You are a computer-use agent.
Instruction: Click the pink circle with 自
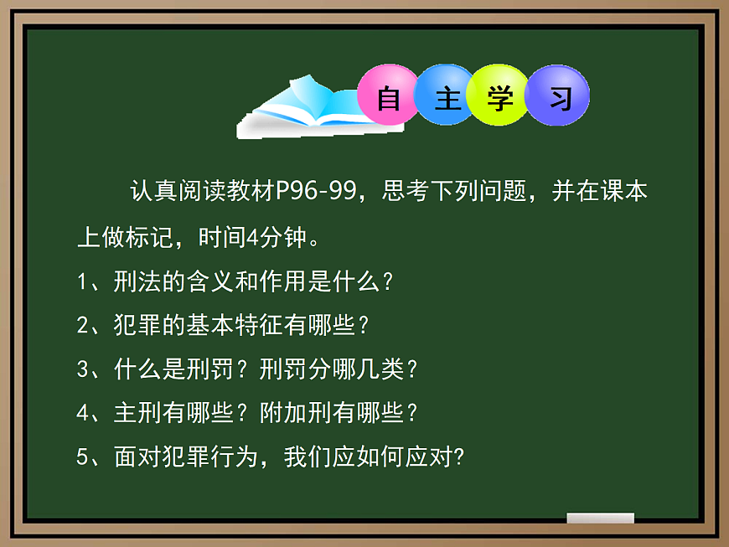(x=388, y=96)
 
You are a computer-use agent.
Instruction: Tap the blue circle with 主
(x=446, y=96)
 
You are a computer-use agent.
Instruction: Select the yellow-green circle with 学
(x=500, y=96)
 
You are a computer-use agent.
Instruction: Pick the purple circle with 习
(x=558, y=96)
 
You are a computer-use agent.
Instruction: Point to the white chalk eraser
(x=600, y=519)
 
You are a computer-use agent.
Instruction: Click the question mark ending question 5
(x=458, y=457)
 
